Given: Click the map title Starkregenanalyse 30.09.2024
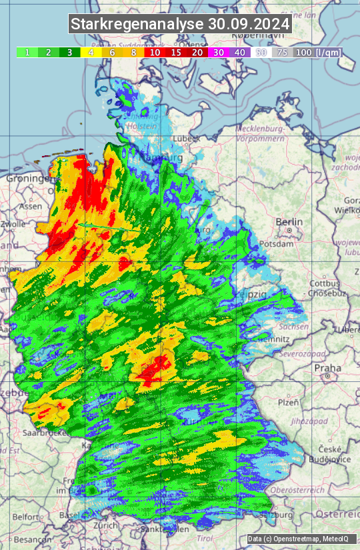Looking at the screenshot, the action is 180,24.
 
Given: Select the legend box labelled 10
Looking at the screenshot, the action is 155,52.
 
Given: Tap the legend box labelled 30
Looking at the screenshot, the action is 218,52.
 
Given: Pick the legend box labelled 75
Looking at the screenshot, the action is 282,52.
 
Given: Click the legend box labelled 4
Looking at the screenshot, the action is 91,52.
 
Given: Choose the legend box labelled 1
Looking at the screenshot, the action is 27,52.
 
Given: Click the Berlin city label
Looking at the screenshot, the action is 289,222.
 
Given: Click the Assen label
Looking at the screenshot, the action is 31,207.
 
